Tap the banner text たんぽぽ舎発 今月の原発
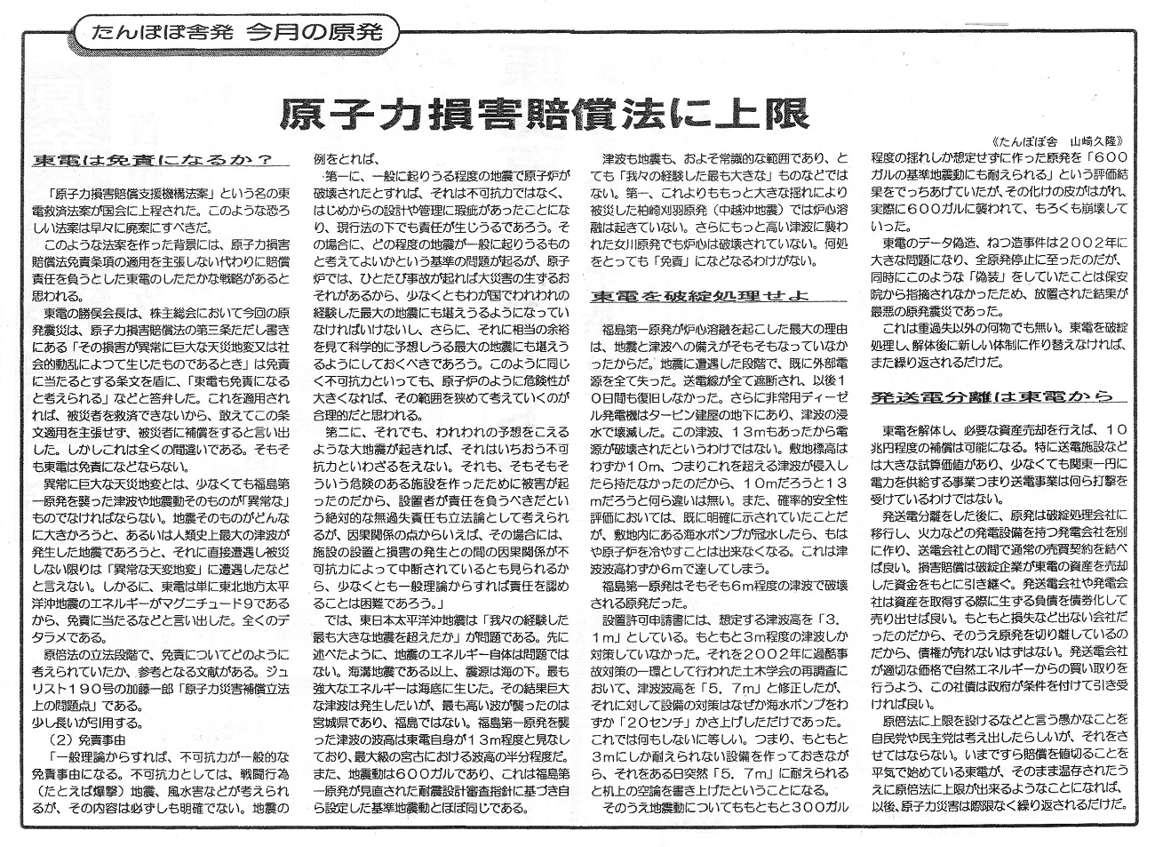coord(236,34)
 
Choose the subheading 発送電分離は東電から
coord(986,396)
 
